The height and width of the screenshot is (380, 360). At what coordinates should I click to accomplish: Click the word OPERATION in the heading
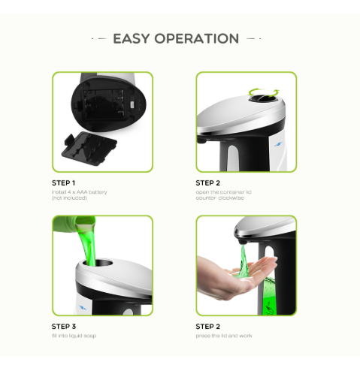tap(196, 38)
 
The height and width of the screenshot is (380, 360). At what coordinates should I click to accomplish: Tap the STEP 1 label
tap(63, 182)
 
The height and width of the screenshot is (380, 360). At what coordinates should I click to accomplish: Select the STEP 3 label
tap(63, 327)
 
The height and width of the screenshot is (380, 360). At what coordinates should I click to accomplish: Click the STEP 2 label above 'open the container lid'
tap(208, 182)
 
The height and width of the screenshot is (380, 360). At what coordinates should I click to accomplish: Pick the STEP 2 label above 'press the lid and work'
tap(208, 327)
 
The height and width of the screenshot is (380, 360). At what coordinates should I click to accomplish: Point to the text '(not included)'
tap(68, 198)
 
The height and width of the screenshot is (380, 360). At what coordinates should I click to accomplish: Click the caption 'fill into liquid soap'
tap(74, 336)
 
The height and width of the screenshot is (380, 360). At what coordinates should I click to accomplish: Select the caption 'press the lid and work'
tap(224, 336)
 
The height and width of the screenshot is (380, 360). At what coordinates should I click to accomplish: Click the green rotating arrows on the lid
tap(264, 92)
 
